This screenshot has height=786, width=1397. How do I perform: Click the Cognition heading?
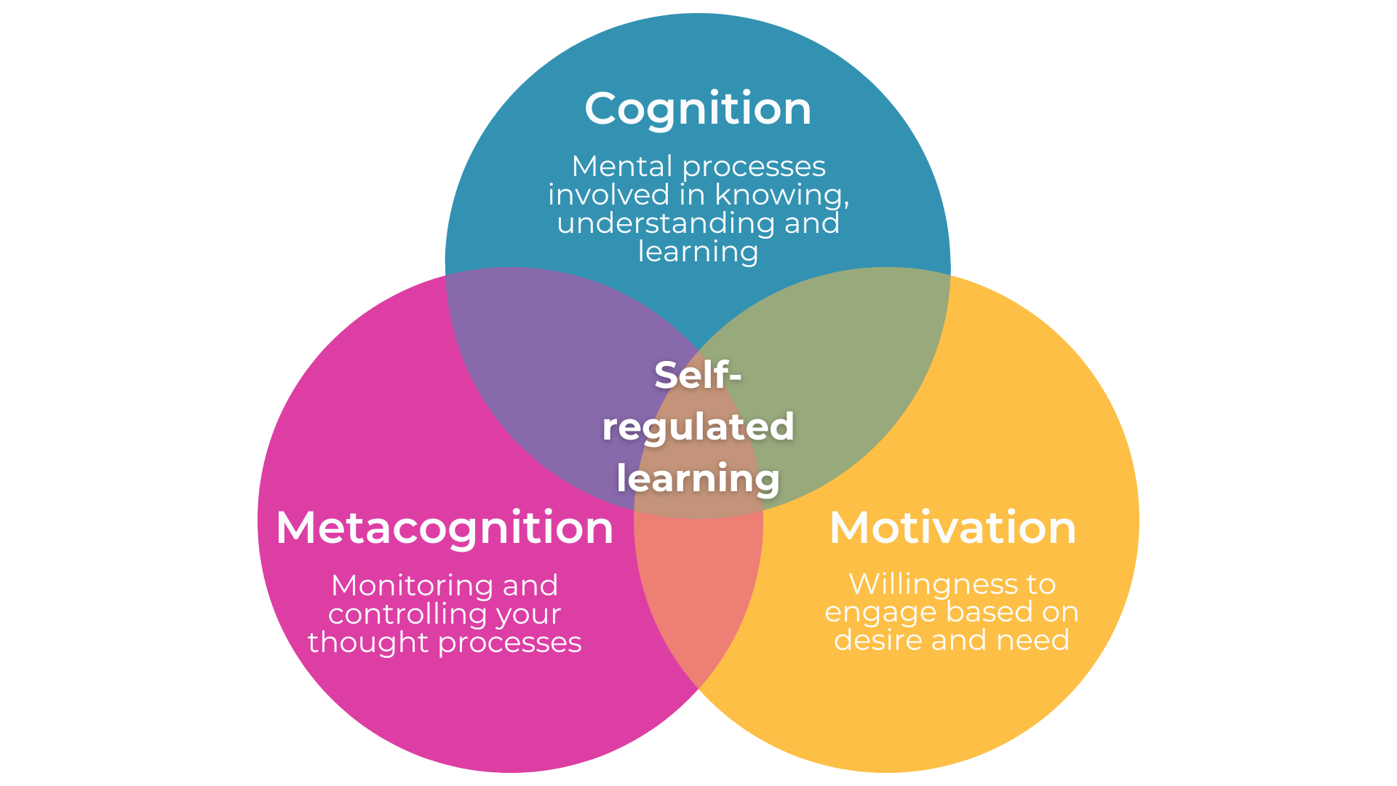[698, 109]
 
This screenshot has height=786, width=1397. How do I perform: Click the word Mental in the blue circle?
[622, 166]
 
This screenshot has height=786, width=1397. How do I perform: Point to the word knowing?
[781, 195]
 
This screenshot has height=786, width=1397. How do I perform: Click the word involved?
[608, 195]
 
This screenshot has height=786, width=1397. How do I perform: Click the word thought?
[368, 643]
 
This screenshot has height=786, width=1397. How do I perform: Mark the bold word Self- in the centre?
[698, 375]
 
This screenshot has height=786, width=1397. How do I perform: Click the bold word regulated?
[698, 427]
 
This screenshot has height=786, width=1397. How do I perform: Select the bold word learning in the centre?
[698, 478]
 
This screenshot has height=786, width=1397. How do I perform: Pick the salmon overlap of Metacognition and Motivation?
[698, 597]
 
